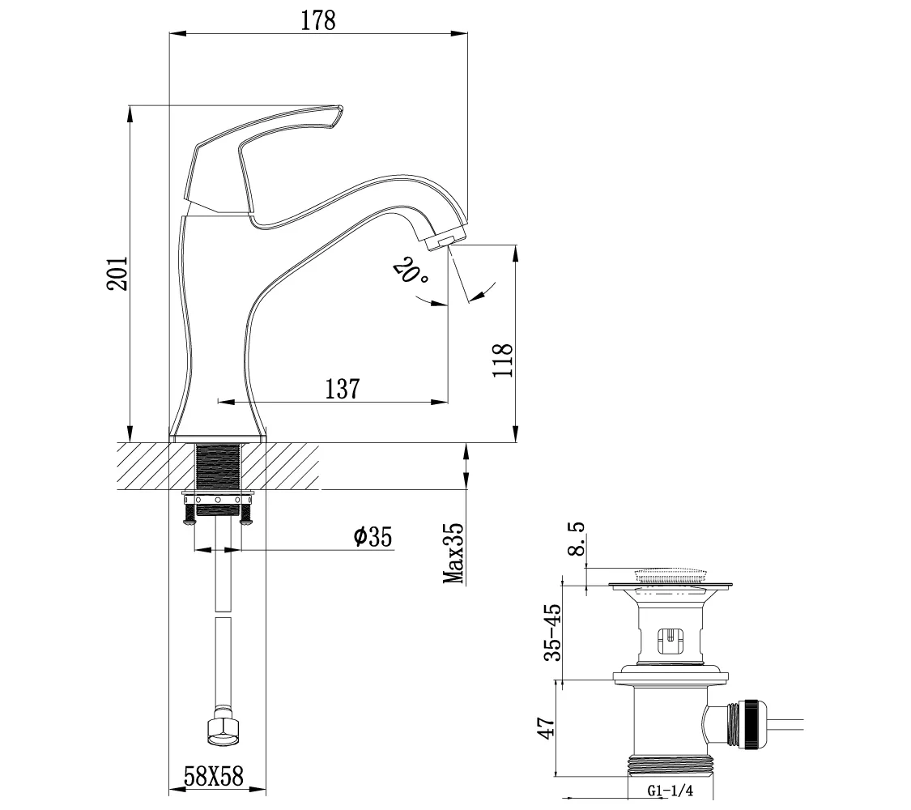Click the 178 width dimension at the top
tap(317, 21)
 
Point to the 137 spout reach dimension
tap(343, 389)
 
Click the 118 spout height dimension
tap(503, 360)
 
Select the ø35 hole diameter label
tap(373, 536)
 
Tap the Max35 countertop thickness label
tap(453, 553)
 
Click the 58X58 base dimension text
tap(213, 776)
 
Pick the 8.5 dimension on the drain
tap(576, 539)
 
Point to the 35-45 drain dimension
tap(553, 632)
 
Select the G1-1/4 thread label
tap(670, 791)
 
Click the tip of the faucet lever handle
tap(339, 108)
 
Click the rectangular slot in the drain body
tap(670, 641)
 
